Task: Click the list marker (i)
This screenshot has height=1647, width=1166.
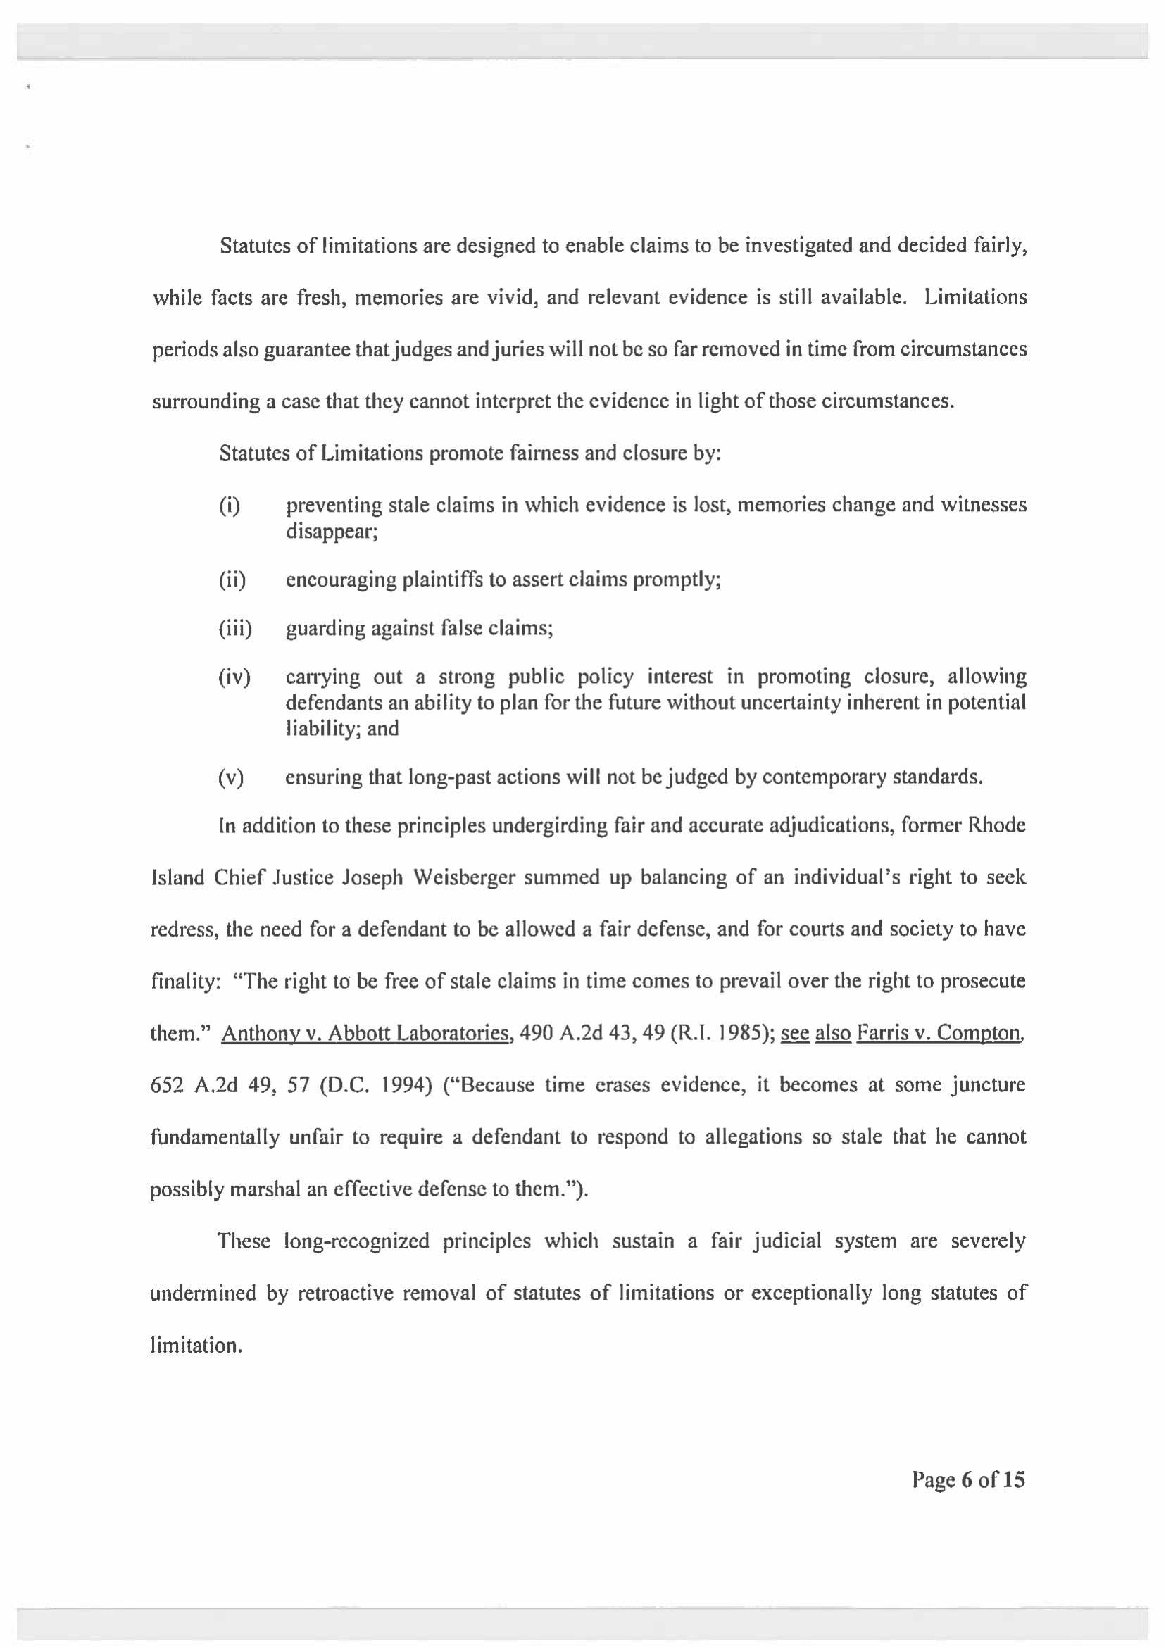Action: tap(229, 506)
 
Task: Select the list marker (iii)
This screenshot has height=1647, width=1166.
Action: tap(234, 629)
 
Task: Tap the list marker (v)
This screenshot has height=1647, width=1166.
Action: tap(230, 777)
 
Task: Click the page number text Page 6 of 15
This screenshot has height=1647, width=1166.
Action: tap(969, 1479)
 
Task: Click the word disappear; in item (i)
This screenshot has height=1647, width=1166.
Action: tap(332, 532)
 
